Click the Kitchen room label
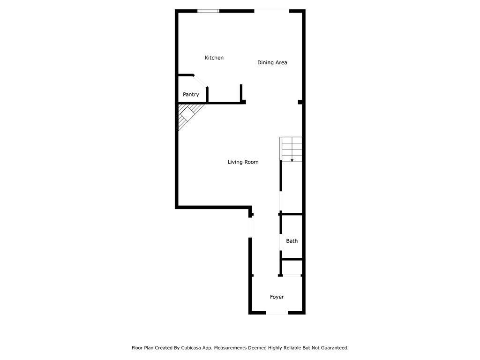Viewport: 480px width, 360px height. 214,58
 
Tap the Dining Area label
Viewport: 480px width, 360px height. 272,62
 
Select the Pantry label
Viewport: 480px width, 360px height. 191,94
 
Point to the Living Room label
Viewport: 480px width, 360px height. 243,162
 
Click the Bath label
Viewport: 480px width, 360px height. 292,241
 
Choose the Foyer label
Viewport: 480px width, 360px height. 277,297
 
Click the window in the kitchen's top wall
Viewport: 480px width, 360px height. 208,11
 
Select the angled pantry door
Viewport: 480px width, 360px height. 200,81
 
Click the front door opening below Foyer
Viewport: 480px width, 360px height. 277,313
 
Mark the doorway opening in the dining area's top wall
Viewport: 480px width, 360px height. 272,11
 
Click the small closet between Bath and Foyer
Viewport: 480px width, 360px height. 292,268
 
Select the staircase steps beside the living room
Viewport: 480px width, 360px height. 291,150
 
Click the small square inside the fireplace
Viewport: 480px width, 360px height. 187,114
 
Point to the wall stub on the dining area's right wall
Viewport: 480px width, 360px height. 300,102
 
